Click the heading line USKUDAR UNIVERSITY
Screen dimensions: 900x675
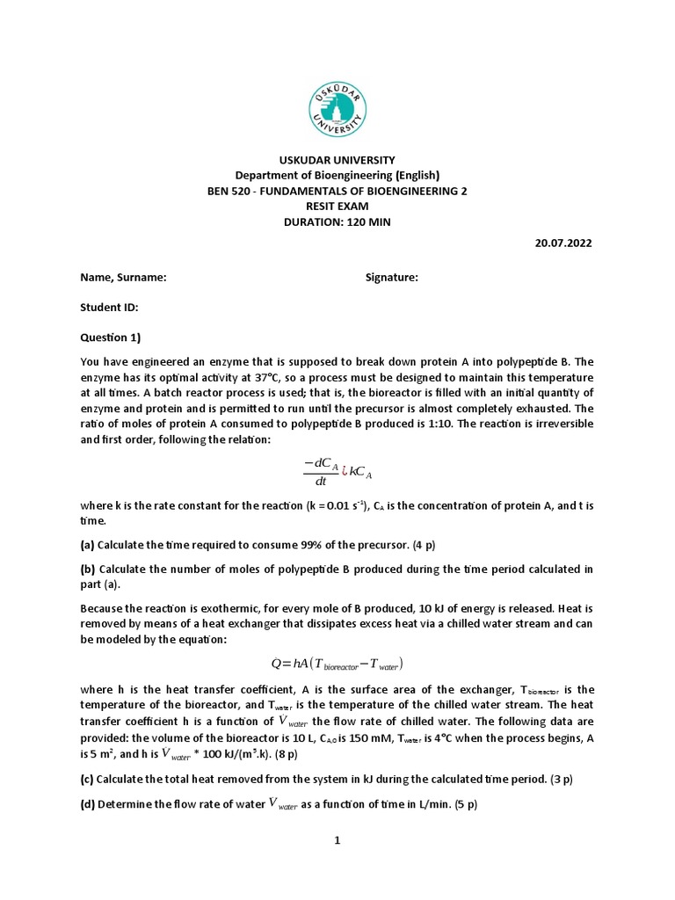click(x=337, y=159)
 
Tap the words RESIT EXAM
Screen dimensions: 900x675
click(x=337, y=207)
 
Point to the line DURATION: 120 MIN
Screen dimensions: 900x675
click(x=337, y=222)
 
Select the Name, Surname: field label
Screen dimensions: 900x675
click(x=124, y=277)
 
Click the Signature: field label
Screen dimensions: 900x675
click(x=392, y=277)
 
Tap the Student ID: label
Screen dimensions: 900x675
click(x=110, y=308)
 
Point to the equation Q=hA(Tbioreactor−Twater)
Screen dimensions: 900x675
click(x=337, y=663)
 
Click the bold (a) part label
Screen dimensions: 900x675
click(x=87, y=545)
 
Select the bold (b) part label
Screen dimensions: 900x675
click(x=87, y=570)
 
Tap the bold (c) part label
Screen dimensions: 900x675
click(x=87, y=779)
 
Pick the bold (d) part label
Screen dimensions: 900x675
click(x=87, y=804)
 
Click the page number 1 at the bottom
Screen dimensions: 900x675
click(x=337, y=840)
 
